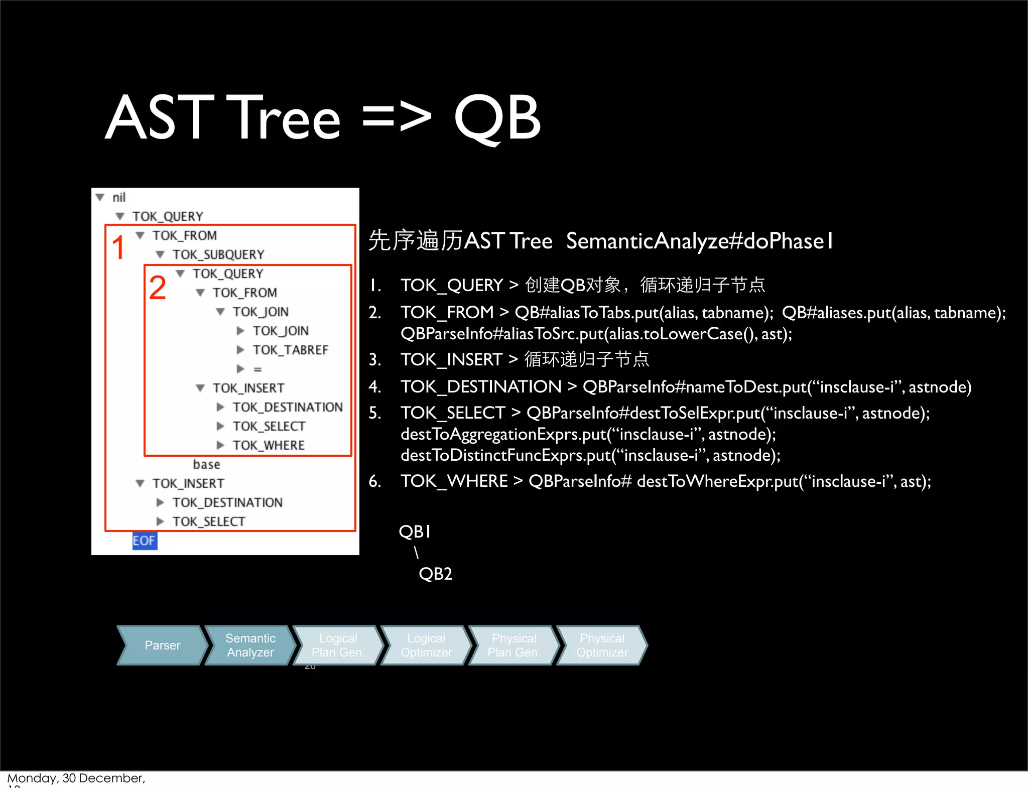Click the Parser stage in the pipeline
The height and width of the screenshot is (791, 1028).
click(x=162, y=645)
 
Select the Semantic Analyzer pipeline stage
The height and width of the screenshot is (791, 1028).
click(x=250, y=645)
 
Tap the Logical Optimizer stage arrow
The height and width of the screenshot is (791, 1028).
click(x=426, y=645)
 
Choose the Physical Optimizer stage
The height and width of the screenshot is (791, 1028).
click(x=602, y=645)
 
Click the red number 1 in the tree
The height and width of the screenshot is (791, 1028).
click(x=118, y=247)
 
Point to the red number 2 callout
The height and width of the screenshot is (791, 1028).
click(x=157, y=288)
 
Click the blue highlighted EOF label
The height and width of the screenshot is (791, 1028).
click(x=144, y=541)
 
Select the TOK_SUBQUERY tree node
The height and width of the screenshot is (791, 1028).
click(x=218, y=254)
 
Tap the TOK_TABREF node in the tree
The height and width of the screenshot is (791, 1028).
click(x=290, y=350)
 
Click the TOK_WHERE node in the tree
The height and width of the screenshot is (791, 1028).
click(x=268, y=445)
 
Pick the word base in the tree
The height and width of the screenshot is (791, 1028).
click(x=206, y=464)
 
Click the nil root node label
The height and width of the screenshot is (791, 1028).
click(x=119, y=197)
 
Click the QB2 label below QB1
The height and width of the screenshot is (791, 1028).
click(x=435, y=574)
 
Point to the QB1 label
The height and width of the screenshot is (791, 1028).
click(x=415, y=532)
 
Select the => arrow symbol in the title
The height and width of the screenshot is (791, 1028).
click(x=397, y=118)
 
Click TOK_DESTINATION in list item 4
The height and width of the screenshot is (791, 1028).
click(x=480, y=386)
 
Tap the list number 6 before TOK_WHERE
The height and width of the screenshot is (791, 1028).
click(x=374, y=481)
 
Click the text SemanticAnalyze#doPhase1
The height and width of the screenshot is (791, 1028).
click(x=699, y=241)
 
